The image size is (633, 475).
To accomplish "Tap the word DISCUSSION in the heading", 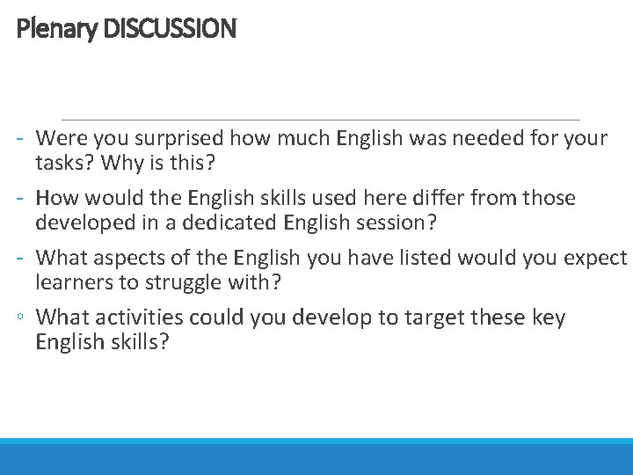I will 170,29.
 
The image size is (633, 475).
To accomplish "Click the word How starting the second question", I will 56,198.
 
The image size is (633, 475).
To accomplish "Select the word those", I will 548,198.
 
